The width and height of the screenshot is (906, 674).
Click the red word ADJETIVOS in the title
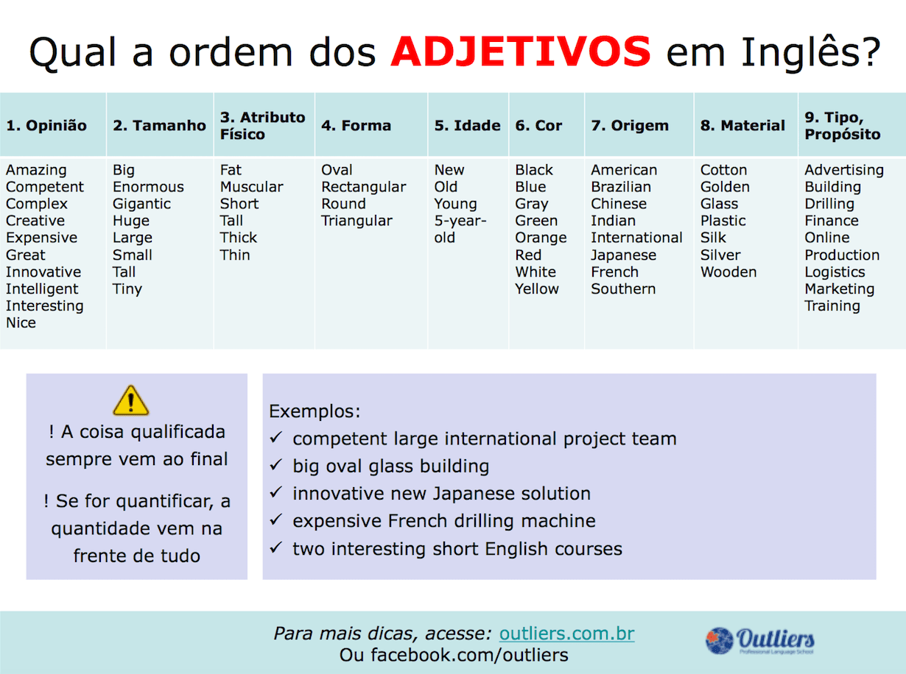pyautogui.click(x=521, y=51)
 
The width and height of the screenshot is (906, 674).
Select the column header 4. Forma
pyautogui.click(x=356, y=126)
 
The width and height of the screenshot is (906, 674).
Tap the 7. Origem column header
pyautogui.click(x=630, y=126)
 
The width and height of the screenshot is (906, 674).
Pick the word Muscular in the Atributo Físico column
pyautogui.click(x=252, y=187)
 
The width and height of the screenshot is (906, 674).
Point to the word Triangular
pyautogui.click(x=357, y=221)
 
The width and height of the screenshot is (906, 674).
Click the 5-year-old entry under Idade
pyautogui.click(x=460, y=230)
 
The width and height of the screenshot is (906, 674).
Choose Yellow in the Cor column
pyautogui.click(x=537, y=289)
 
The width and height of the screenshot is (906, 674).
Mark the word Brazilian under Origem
pyautogui.click(x=621, y=187)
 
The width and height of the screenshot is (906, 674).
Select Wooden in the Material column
pyautogui.click(x=728, y=272)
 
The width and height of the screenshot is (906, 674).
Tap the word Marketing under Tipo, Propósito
pyautogui.click(x=839, y=289)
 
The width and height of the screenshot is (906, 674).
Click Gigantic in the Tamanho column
pyautogui.click(x=141, y=204)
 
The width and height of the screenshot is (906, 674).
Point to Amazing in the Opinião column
pyautogui.click(x=36, y=170)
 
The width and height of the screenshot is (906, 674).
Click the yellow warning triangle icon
pyautogui.click(x=130, y=401)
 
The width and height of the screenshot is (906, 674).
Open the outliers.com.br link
pyautogui.click(x=566, y=634)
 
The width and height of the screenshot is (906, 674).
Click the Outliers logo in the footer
pyautogui.click(x=760, y=640)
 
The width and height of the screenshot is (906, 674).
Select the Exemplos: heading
pyautogui.click(x=315, y=411)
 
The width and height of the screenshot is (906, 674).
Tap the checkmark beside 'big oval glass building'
pyautogui.click(x=276, y=466)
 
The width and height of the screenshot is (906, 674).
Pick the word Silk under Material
pyautogui.click(x=713, y=238)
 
